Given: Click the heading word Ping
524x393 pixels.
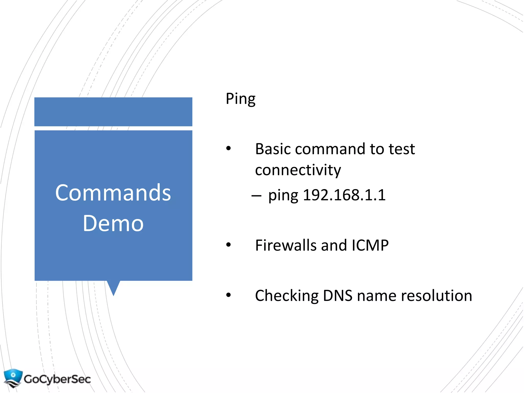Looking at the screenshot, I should click(240, 99).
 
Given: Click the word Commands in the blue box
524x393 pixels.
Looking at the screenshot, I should click(113, 193).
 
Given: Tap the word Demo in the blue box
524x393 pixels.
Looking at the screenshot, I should click(113, 223).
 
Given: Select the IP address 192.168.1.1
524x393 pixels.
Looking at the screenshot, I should click(344, 195).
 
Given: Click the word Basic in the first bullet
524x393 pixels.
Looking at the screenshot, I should click(273, 149).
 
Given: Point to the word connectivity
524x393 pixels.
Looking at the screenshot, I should click(298, 170).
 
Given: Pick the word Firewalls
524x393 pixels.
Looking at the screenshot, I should click(286, 245).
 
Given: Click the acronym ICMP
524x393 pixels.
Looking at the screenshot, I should click(370, 245).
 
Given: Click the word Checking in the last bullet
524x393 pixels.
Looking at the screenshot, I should click(287, 296).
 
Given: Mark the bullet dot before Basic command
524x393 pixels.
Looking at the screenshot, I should click(228, 148).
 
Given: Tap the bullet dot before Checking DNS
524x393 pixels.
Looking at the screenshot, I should click(228, 295).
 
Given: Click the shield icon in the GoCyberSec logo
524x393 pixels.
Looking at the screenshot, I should click(13, 378).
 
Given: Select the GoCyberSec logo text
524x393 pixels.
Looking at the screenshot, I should click(57, 379).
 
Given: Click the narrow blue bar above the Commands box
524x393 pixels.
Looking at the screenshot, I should click(113, 112).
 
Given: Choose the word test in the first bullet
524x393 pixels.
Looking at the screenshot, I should click(402, 149).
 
